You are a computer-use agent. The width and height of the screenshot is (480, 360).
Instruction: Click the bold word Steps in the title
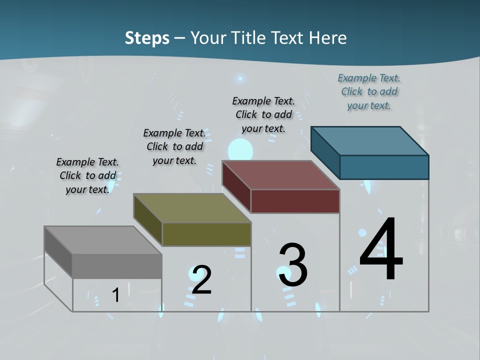[147, 38]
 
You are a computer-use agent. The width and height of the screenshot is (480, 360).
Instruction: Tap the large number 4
[381, 249]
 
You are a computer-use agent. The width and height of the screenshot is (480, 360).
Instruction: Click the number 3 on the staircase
[293, 265]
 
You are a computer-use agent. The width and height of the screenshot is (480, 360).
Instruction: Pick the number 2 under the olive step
[201, 279]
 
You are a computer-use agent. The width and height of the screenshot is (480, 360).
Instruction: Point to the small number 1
[115, 295]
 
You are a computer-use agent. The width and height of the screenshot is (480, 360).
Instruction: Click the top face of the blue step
[370, 140]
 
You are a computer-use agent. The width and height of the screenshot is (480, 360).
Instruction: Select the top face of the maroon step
[281, 175]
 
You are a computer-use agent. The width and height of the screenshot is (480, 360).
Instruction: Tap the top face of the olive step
[192, 208]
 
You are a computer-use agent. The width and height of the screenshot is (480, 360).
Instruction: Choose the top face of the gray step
[103, 240]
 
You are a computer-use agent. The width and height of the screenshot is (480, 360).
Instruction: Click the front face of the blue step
[384, 167]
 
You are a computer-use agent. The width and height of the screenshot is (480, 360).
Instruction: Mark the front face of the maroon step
[295, 201]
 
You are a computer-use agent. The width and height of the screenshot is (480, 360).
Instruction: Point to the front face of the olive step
[206, 234]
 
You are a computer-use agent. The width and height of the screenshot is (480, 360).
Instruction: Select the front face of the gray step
[117, 266]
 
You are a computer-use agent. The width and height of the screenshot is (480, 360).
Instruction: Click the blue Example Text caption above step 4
[369, 92]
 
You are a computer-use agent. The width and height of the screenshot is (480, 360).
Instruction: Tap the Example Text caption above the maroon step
[263, 114]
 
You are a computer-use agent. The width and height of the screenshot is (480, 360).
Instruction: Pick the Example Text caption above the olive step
[174, 146]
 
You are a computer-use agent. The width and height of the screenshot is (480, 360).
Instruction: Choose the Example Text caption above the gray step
[87, 175]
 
